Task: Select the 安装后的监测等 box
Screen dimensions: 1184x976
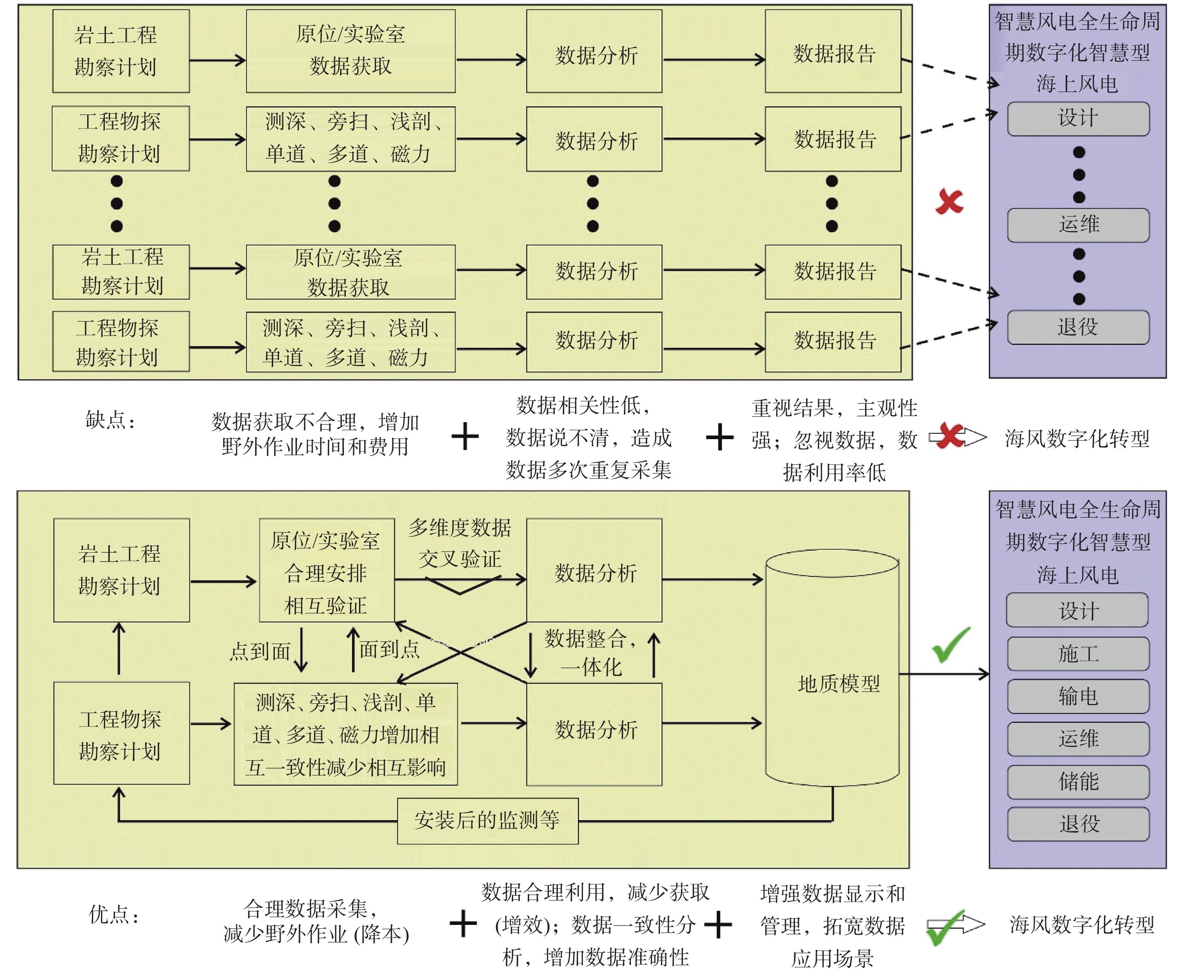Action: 488,821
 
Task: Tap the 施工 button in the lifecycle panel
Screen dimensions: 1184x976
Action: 1078,653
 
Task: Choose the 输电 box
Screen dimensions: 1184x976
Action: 1078,696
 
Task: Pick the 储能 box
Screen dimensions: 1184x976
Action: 1078,781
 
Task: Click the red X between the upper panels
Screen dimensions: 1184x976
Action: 949,202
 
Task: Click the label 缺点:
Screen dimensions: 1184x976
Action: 110,420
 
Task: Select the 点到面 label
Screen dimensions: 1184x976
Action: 260,651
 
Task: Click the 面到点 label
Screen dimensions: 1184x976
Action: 390,650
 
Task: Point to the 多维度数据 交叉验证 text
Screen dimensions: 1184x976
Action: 460,543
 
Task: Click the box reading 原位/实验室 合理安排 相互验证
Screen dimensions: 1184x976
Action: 327,570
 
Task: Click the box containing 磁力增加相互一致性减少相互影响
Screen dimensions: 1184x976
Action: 346,734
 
